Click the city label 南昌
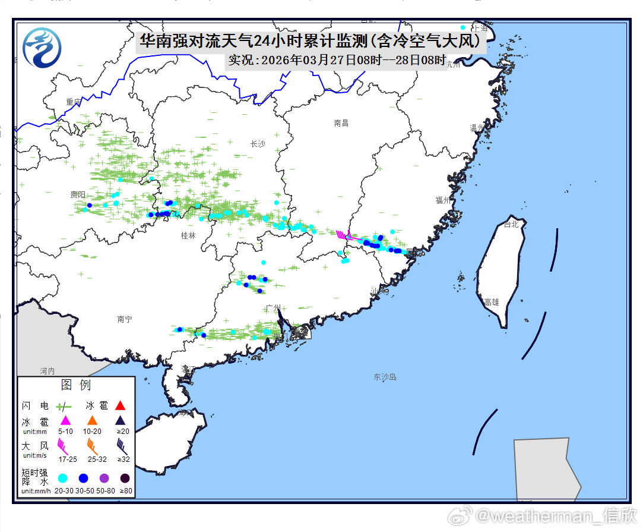(x=341, y=123)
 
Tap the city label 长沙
(x=258, y=144)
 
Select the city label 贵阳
(x=77, y=195)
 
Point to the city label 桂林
(x=188, y=235)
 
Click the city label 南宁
(x=125, y=320)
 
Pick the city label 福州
(x=443, y=200)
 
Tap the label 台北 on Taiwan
(x=511, y=225)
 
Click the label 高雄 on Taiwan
(x=492, y=302)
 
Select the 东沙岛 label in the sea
(x=385, y=377)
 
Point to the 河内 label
(x=47, y=371)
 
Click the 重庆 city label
(x=74, y=102)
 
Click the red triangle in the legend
(x=120, y=406)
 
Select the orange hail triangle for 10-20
(x=92, y=420)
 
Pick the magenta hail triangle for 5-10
(x=65, y=420)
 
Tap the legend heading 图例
(x=76, y=385)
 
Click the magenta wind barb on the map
(x=341, y=234)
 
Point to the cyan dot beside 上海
(x=463, y=27)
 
